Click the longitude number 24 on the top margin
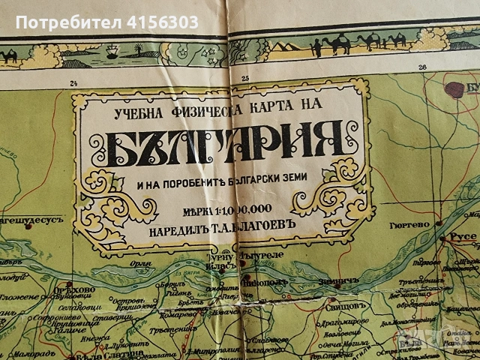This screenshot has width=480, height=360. click(73, 83)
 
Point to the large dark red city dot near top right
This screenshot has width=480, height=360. click(454, 90)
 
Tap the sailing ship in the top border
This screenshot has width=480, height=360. click(111, 53)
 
